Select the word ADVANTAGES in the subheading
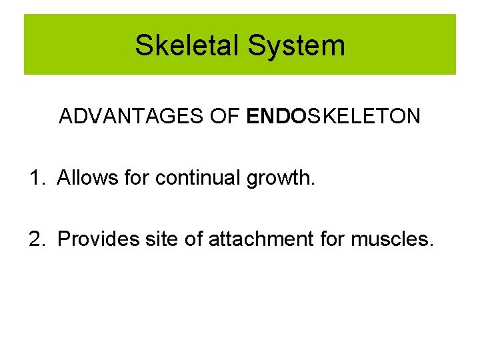pos(123,117)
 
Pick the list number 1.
pos(36,178)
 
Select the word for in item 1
pos(136,178)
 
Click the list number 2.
pos(36,239)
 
